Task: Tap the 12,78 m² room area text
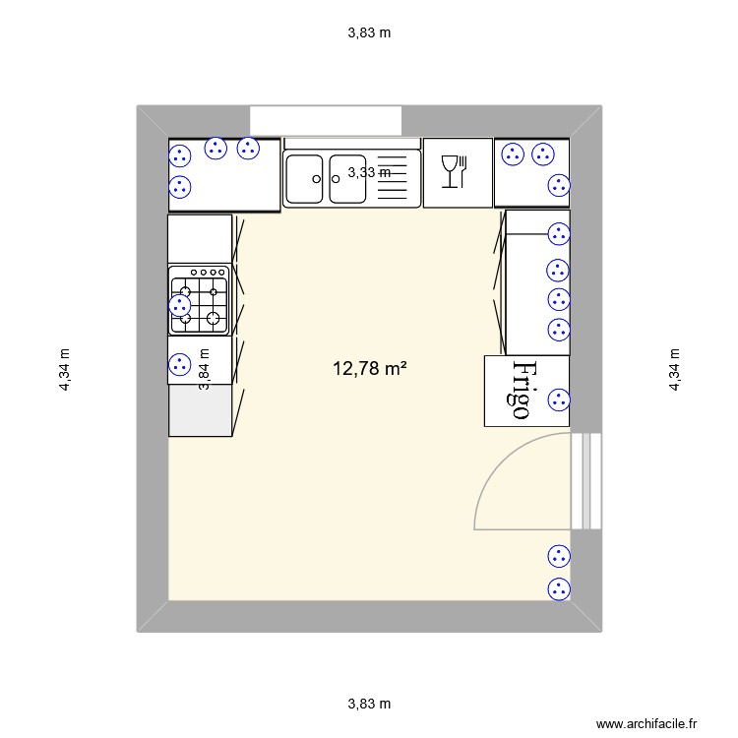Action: point(370,369)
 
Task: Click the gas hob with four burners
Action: point(199,300)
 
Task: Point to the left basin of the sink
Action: point(304,178)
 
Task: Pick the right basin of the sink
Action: point(345,178)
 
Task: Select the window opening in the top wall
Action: point(326,120)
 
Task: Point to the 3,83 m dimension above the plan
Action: point(369,32)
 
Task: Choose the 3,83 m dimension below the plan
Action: point(369,704)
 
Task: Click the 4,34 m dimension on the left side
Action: point(65,370)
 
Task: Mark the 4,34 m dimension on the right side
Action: point(675,370)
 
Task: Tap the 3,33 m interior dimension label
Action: point(370,172)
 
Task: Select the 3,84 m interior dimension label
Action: point(205,370)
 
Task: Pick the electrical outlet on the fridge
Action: point(558,399)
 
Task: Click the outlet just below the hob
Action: point(179,364)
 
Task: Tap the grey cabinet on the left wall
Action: point(200,410)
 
